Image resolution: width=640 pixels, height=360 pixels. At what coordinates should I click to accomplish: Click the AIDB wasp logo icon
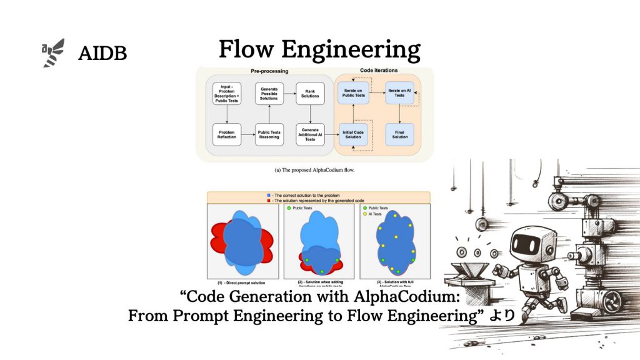(53, 52)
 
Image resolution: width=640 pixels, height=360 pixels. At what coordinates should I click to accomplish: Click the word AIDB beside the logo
(102, 54)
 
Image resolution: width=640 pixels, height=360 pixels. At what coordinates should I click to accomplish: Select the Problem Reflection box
(227, 134)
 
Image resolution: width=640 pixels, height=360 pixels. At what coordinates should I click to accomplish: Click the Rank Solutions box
(311, 93)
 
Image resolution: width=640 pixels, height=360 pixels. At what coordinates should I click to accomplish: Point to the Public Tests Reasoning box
(269, 134)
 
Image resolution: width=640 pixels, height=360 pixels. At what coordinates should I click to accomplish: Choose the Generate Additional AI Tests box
(311, 134)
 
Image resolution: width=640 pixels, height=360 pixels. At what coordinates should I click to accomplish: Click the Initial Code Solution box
(353, 134)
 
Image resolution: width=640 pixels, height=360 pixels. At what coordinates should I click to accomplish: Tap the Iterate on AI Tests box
(400, 93)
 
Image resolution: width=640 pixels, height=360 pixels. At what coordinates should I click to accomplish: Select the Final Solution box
(400, 134)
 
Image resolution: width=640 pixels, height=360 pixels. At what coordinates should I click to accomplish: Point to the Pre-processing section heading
(269, 71)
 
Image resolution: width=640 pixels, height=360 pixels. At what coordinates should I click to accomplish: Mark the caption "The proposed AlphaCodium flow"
(319, 169)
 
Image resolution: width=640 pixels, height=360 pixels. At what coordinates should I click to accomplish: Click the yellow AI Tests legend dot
(364, 214)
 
